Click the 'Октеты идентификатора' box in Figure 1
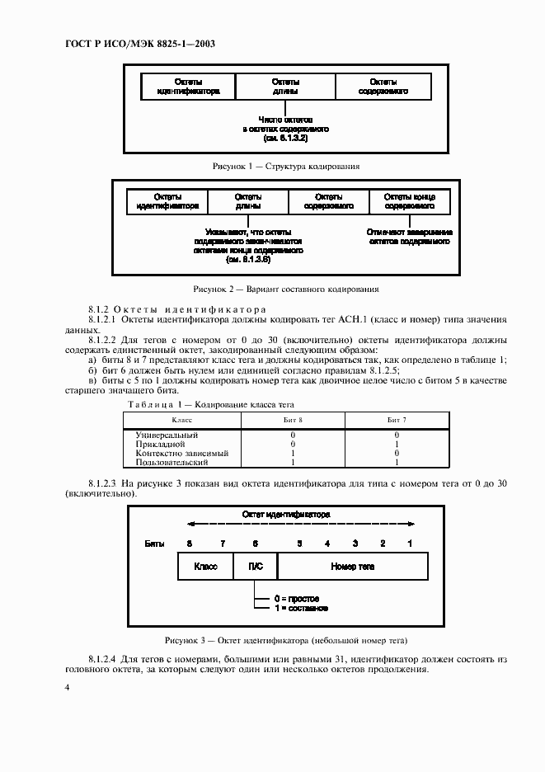tap(189, 87)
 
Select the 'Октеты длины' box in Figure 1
tap(285, 87)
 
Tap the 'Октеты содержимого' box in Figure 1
tap(383, 87)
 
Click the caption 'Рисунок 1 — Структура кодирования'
tap(286, 166)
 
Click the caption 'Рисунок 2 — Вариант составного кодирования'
tap(286, 289)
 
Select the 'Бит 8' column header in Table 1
tap(293, 420)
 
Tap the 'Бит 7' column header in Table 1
tap(397, 420)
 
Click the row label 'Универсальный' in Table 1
tap(161, 434)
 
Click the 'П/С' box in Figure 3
tap(256, 567)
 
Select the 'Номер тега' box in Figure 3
tap(352, 567)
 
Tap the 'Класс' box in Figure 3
tap(205, 567)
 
